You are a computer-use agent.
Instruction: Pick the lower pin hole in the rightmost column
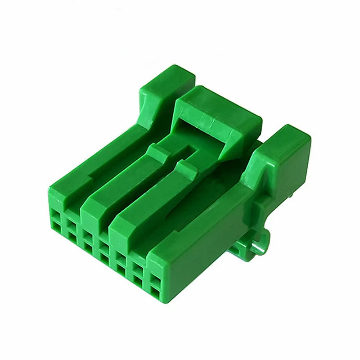[x=156, y=292]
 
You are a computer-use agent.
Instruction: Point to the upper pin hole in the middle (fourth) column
[x=104, y=245]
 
